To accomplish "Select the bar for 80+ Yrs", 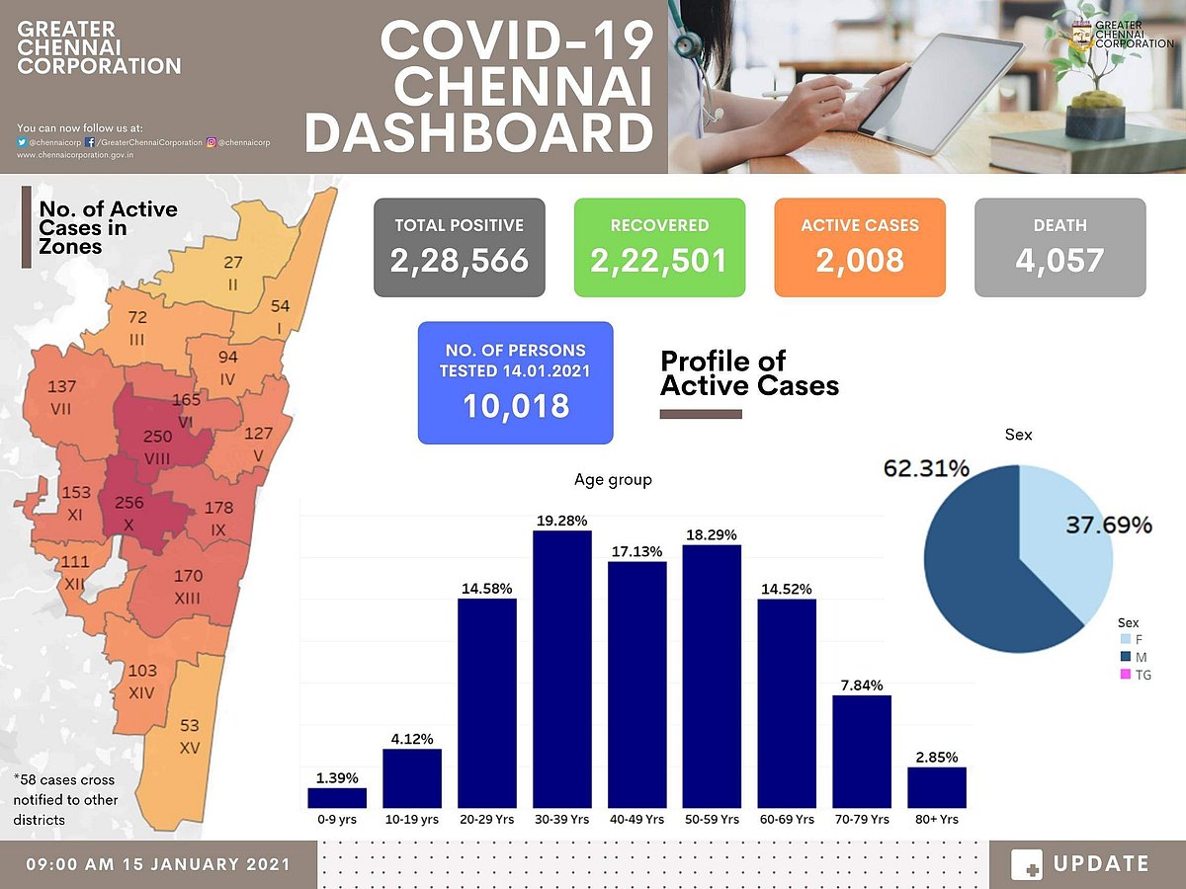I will point(936,787).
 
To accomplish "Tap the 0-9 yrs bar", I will point(337,797).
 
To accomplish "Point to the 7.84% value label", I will point(862,685).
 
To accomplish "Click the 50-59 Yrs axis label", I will point(712,820).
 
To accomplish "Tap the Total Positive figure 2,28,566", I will point(459,260).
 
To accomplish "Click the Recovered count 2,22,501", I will point(659,260).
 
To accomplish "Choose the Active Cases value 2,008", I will point(860,260).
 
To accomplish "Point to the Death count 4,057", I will point(1059,260).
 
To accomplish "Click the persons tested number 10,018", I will point(515,405).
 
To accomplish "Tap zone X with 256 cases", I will point(130,511).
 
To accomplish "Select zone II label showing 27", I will point(232,271).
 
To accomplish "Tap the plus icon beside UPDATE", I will point(1027,864).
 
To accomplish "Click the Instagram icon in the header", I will point(212,142).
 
